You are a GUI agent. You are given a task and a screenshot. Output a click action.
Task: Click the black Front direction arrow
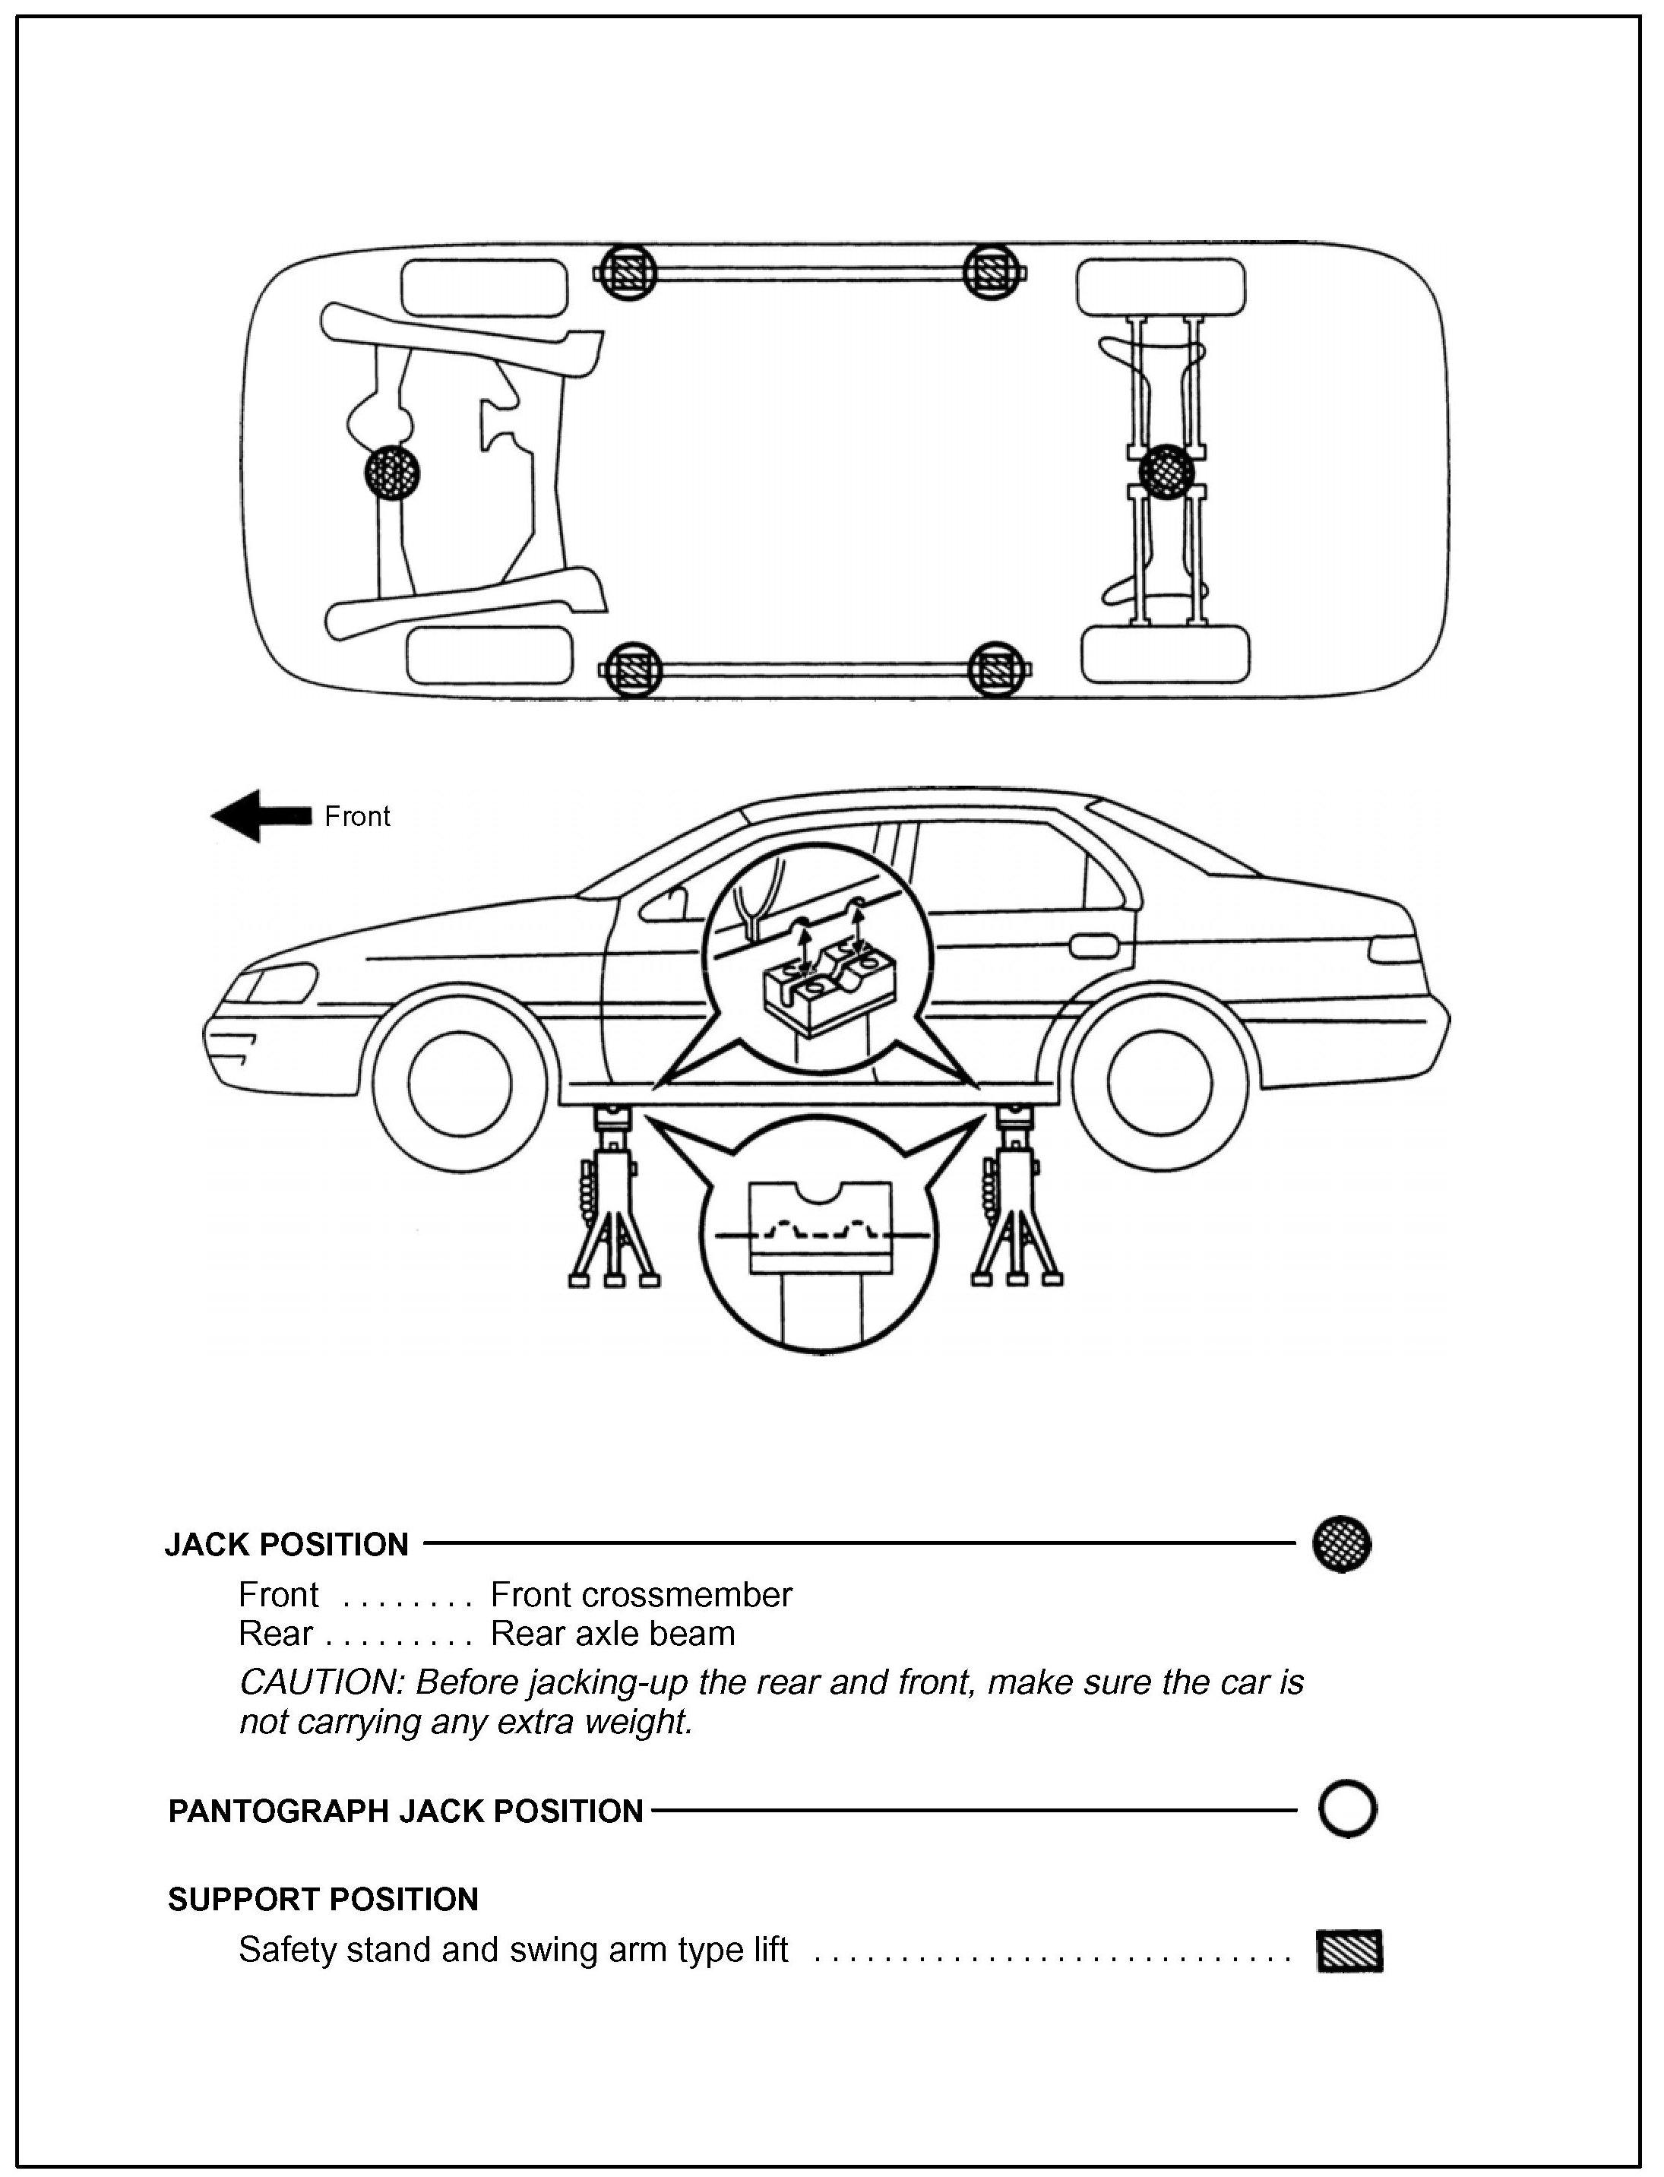[260, 816]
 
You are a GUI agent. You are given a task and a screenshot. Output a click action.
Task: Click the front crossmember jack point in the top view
[391, 470]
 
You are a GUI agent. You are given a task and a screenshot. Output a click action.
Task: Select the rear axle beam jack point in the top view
[1166, 471]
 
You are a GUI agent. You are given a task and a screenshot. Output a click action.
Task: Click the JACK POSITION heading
[286, 1545]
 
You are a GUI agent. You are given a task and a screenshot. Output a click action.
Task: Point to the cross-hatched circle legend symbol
[1341, 1543]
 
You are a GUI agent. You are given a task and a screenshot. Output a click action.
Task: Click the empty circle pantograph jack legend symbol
[1347, 1811]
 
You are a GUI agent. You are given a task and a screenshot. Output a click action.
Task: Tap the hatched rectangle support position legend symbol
[1349, 1951]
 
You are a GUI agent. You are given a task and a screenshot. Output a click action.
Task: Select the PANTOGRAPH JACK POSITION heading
[406, 1812]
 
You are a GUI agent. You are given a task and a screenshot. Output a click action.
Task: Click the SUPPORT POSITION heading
[323, 1900]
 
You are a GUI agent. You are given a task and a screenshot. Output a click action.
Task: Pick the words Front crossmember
[641, 1596]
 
